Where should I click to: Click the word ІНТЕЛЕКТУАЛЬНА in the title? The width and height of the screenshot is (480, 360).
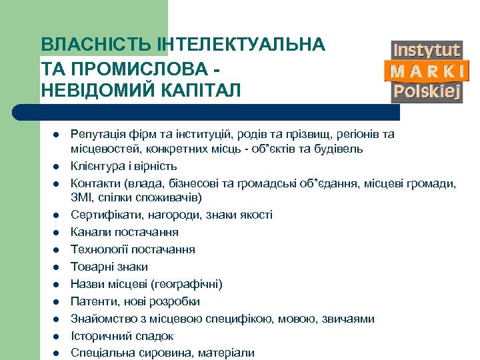(x=241, y=45)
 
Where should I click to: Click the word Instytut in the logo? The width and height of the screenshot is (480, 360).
(x=427, y=50)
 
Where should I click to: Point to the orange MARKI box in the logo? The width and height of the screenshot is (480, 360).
(x=427, y=71)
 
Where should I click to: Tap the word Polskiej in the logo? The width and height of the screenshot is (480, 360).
(x=427, y=91)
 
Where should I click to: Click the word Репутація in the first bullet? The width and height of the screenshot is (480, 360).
(x=97, y=134)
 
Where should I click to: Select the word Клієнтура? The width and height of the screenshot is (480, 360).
(x=96, y=165)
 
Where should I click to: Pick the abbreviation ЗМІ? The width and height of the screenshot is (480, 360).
(x=81, y=198)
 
